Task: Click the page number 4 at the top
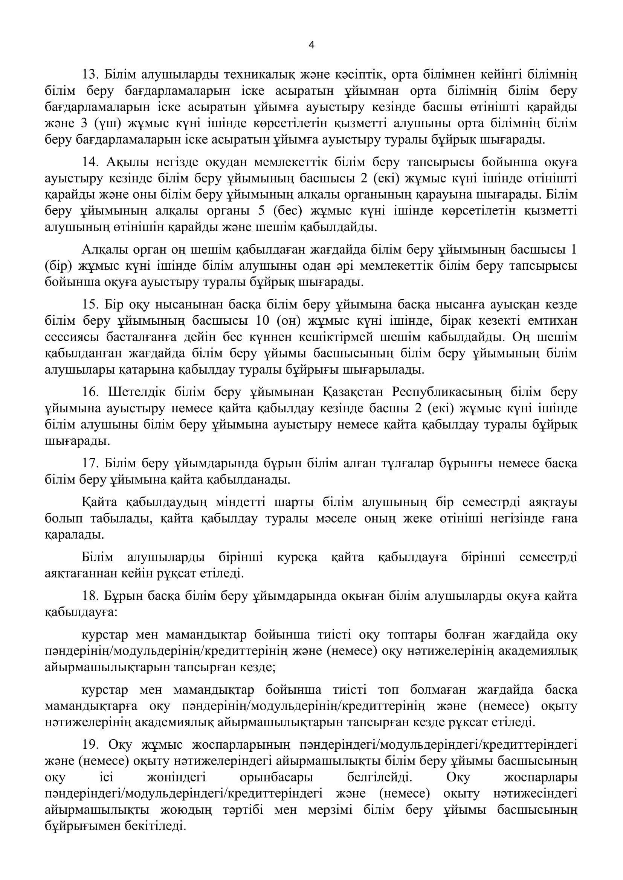tap(311, 45)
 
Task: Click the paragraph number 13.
tap(89, 74)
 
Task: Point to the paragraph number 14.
tap(89, 163)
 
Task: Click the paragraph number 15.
tap(89, 305)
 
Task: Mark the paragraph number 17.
tap(89, 464)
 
